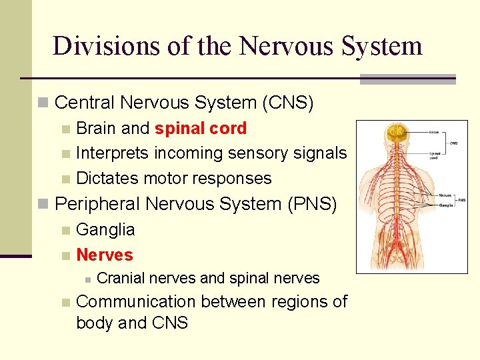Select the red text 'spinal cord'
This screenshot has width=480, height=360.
201,128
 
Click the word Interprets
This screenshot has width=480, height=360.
113,153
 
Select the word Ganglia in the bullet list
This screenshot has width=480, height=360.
105,229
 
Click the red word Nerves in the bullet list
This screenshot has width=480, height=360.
105,255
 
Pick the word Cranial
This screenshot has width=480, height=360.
122,278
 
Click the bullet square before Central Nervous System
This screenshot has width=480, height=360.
43,103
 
